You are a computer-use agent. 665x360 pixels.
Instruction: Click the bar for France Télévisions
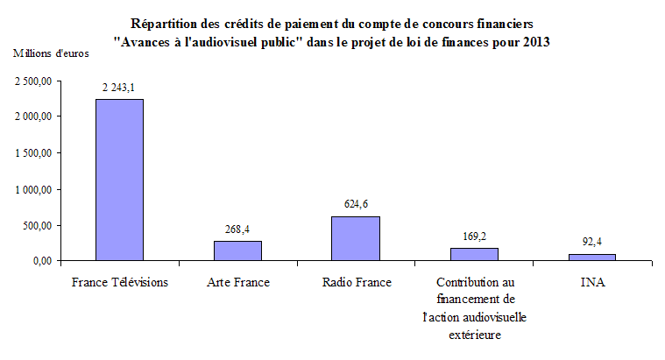click(119, 180)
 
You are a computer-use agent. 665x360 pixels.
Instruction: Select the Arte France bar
click(237, 251)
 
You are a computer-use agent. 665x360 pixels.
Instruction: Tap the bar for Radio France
click(356, 238)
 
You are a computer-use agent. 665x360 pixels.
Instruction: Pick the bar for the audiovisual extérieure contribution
click(474, 254)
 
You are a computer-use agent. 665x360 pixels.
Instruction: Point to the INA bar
click(592, 258)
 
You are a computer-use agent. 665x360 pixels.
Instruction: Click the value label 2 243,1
click(119, 87)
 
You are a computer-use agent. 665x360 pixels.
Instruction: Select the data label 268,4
click(237, 229)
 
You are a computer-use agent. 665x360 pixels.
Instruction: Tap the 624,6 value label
click(356, 203)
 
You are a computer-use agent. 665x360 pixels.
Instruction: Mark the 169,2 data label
click(474, 236)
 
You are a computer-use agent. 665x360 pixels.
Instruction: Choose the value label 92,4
click(592, 241)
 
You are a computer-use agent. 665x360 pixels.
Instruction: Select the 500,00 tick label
click(39, 225)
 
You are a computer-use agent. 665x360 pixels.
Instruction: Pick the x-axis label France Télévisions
click(119, 282)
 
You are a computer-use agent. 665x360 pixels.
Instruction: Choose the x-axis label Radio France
click(356, 282)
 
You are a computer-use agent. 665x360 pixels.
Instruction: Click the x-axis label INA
click(592, 282)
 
